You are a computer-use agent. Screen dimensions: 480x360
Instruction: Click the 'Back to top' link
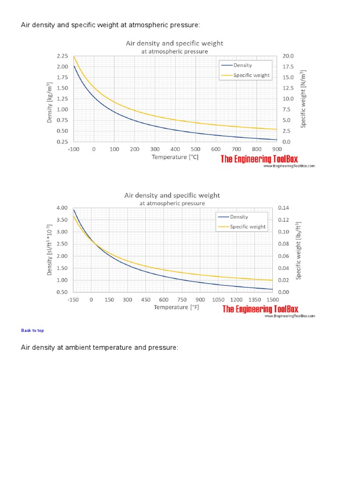pos(32,330)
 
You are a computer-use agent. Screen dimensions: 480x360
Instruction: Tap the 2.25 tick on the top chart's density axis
pos(62,56)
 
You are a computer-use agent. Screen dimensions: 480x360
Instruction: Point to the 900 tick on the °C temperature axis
pos(277,149)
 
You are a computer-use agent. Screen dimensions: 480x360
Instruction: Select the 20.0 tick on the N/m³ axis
pos(288,56)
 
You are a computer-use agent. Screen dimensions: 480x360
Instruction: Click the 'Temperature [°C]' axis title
pos(175,157)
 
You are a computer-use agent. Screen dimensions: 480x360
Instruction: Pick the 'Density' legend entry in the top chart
pos(242,65)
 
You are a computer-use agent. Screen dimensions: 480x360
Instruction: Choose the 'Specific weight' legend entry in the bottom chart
pos(247,226)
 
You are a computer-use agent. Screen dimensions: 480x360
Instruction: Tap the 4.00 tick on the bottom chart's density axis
pos(62,208)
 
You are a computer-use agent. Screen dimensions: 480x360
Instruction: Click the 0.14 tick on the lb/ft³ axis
pos(284,208)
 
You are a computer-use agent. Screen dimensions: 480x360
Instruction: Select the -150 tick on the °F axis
pos(73,300)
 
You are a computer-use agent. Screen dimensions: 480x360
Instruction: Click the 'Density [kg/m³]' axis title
pos(50,103)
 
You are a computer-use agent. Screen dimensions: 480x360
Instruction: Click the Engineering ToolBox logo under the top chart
pos(259,159)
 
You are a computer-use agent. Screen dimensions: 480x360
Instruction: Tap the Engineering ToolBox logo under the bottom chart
pos(260,309)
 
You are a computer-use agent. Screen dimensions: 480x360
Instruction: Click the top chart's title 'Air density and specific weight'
pos(174,43)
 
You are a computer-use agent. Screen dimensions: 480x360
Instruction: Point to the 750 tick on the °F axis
pos(182,300)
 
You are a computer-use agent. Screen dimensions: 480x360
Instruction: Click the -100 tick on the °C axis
pos(74,149)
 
